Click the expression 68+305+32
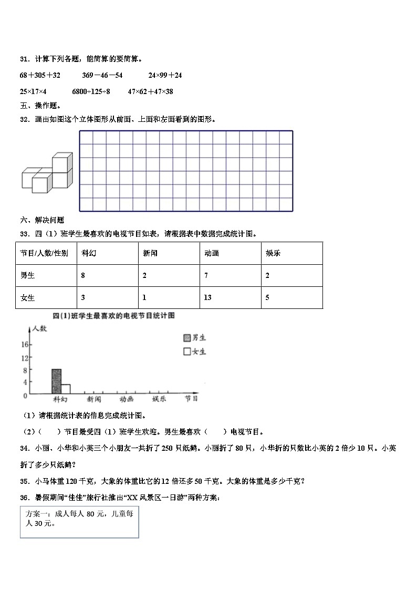point(40,76)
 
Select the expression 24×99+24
point(165,76)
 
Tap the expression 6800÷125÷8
point(91,91)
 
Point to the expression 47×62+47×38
point(150,91)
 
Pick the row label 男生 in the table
point(27,275)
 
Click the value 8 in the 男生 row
point(84,275)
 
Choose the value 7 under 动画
point(206,275)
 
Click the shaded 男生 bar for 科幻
point(56,381)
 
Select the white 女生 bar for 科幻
point(66,389)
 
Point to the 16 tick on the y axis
point(24,345)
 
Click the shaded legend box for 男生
point(186,338)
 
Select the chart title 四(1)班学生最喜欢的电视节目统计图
point(113,316)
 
